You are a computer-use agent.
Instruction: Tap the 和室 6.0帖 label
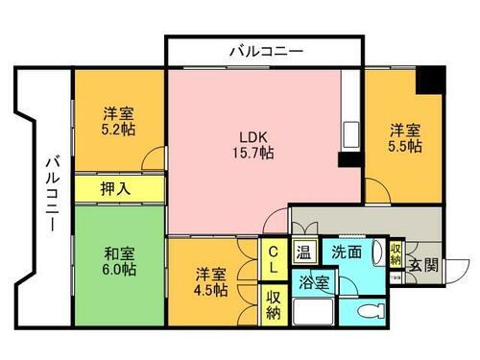click(x=120, y=261)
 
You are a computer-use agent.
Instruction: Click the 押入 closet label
click(x=116, y=188)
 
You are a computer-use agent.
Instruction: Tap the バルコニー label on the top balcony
click(x=266, y=50)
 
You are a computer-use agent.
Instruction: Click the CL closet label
click(x=274, y=253)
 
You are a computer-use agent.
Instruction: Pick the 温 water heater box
click(x=303, y=253)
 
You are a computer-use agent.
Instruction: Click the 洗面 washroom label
click(x=347, y=253)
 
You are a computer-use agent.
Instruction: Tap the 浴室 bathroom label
click(x=314, y=284)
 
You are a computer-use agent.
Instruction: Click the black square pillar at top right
click(x=429, y=78)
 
